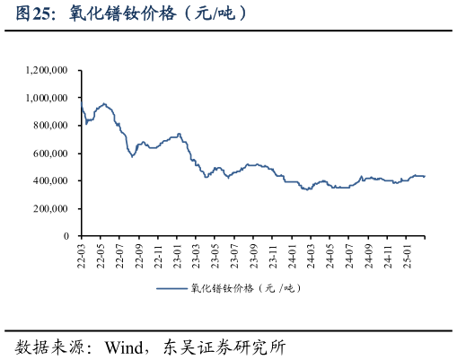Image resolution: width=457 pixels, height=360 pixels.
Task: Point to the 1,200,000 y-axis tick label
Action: click(48, 70)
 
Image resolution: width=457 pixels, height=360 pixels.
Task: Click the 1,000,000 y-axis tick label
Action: click(48, 98)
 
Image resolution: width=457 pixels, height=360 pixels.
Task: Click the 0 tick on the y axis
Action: click(66, 236)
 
